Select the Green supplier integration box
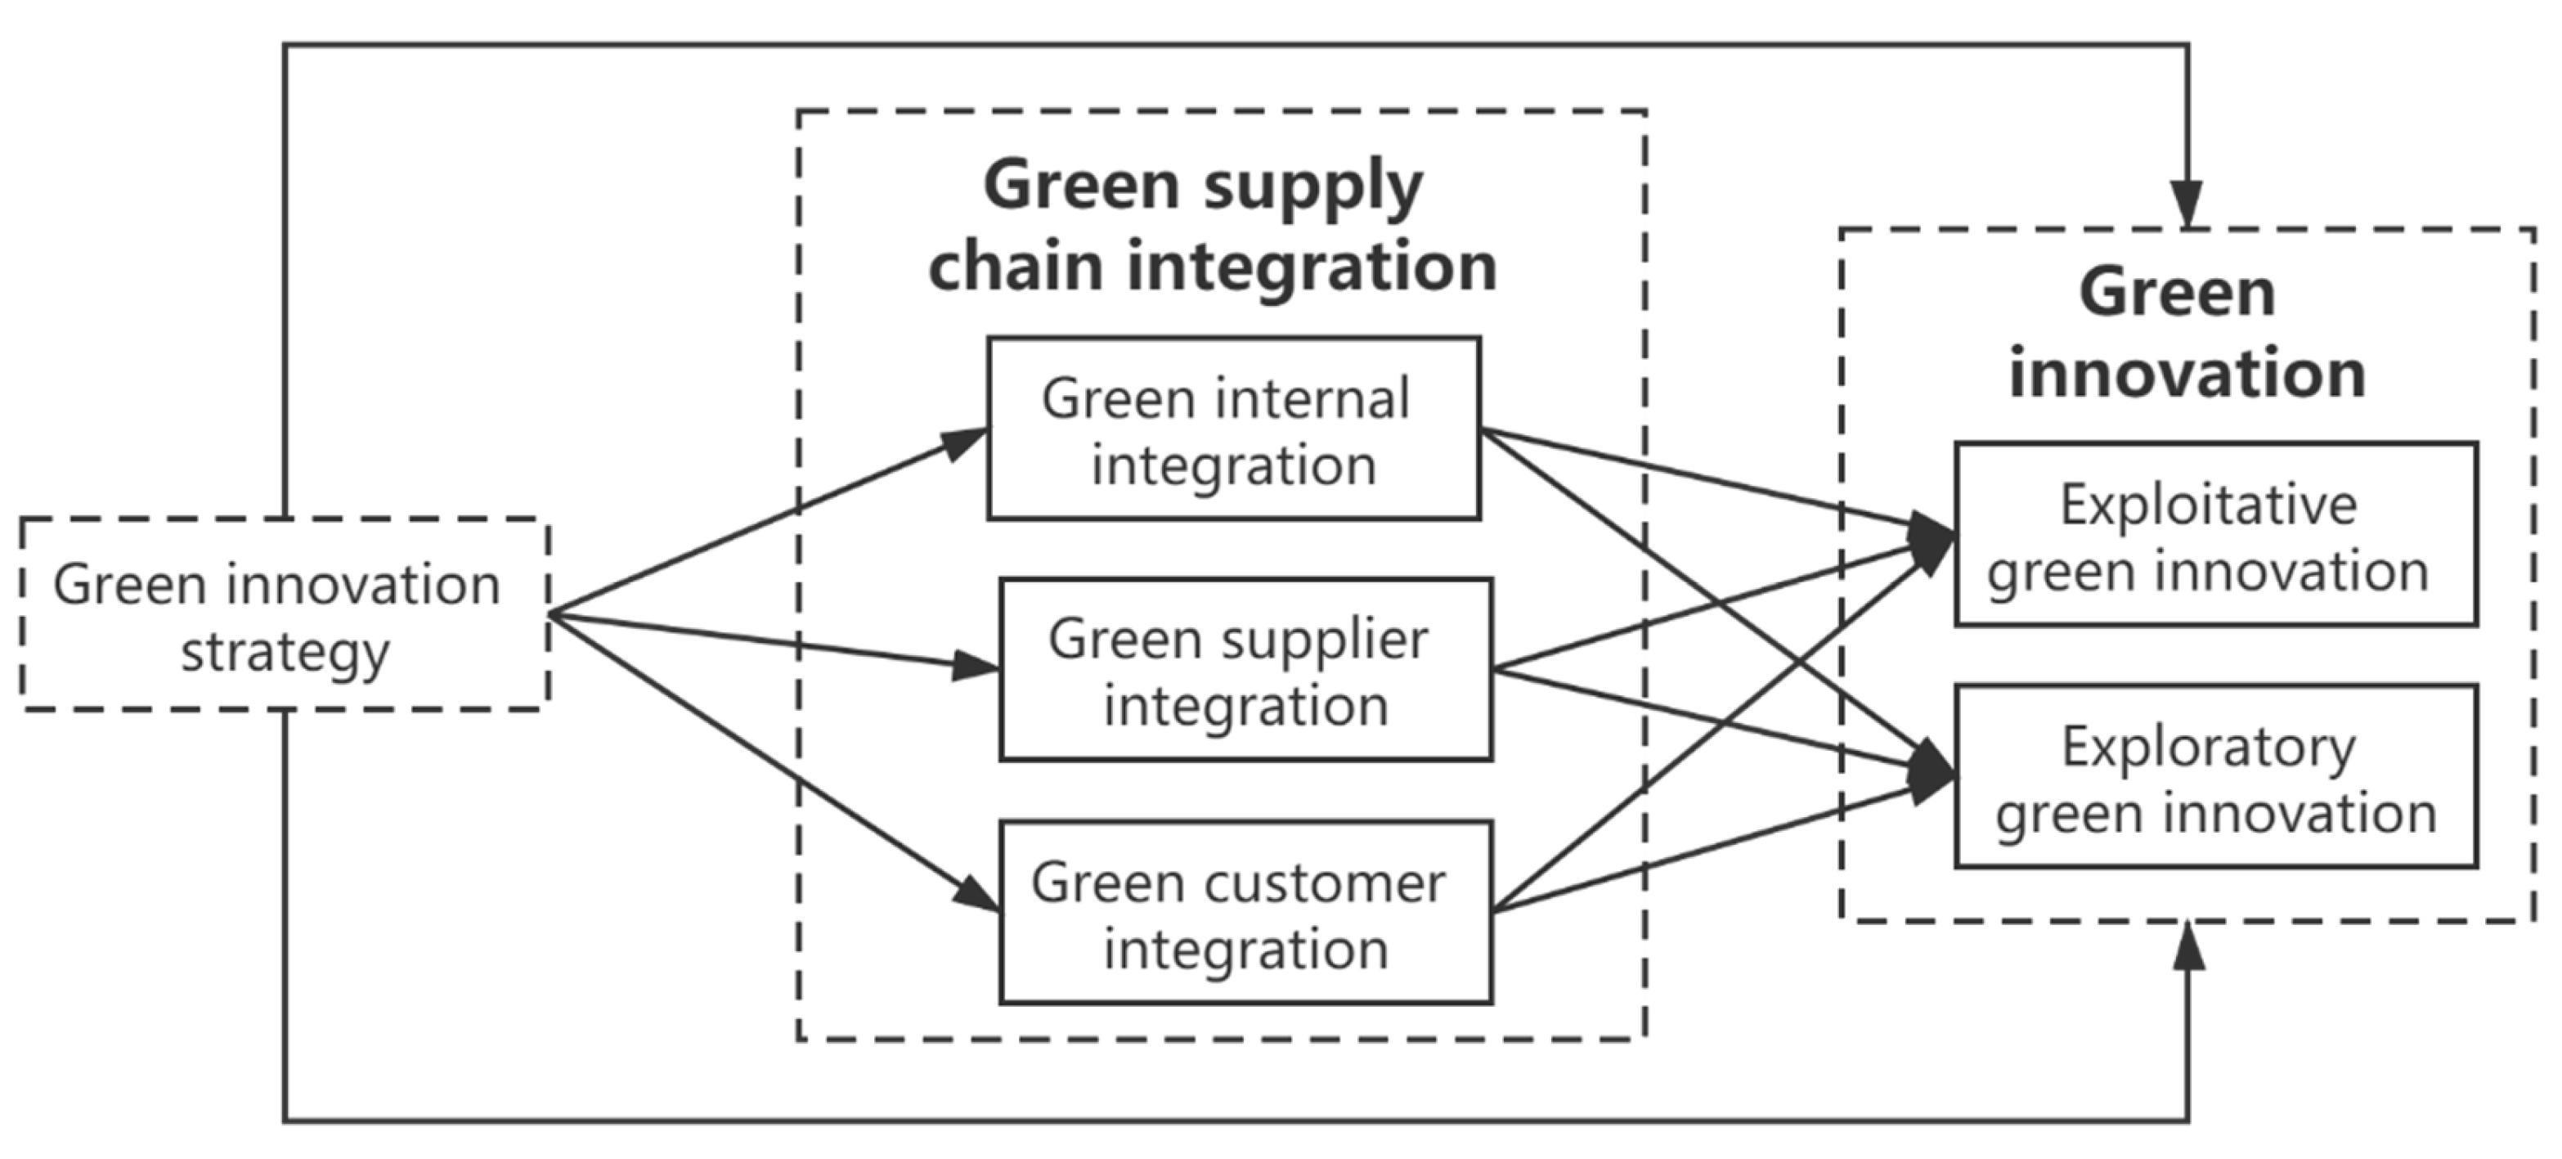tap(1245, 671)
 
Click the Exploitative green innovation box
tap(2216, 535)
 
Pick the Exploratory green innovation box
tap(2216, 777)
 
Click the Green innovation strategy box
tap(285, 615)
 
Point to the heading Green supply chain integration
tap(1211, 226)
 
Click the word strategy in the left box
tap(285, 654)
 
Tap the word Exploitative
tap(2208, 505)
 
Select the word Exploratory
tap(2208, 747)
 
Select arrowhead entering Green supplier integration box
tap(975, 666)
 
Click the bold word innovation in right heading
tap(2187, 375)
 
